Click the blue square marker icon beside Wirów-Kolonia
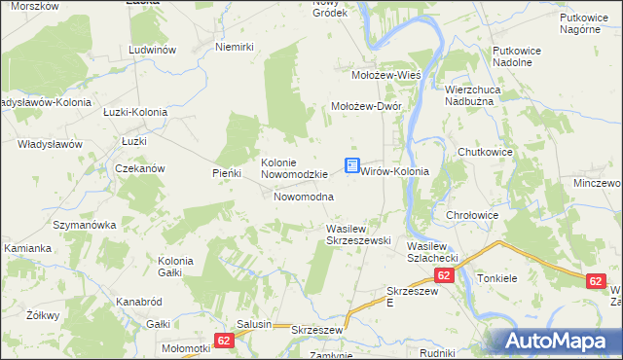(351, 167)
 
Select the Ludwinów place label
(151, 49)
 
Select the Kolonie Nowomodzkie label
(292, 168)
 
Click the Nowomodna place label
(304, 197)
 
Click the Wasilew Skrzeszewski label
(357, 234)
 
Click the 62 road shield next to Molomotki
(224, 341)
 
